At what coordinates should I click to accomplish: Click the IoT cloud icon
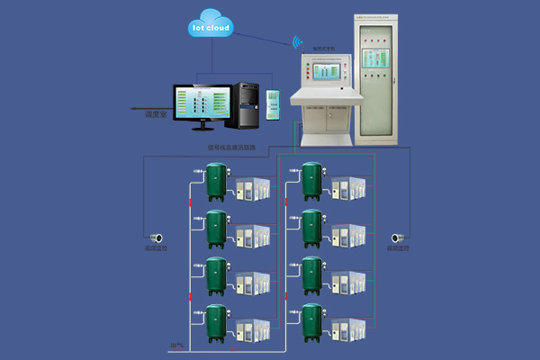211,28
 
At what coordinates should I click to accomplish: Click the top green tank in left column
216,182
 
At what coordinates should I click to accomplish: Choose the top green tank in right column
312,182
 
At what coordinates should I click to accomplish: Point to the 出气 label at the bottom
176,346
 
